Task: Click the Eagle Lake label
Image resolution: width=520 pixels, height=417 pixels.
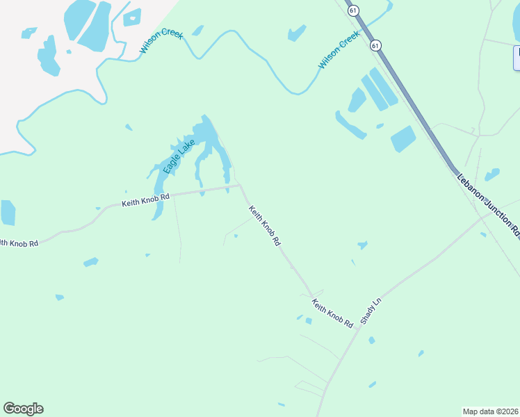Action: click(179, 157)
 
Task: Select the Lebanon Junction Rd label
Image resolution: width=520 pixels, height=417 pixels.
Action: click(488, 206)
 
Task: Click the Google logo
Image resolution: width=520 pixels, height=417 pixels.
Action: click(23, 409)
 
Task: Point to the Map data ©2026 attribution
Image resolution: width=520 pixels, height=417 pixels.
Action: click(491, 411)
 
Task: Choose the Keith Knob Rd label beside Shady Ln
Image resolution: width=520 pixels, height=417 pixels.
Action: click(332, 313)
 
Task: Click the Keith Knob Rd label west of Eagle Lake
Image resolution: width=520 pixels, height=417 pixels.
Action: click(146, 200)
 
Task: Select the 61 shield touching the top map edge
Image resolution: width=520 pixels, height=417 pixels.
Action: click(354, 10)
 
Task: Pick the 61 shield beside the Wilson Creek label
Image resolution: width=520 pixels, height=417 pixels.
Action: click(375, 45)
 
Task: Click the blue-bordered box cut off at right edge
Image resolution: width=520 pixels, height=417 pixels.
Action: click(517, 58)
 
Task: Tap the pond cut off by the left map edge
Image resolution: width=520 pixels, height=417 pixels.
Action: click(7, 213)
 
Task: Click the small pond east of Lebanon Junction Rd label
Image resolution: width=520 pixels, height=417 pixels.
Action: click(492, 174)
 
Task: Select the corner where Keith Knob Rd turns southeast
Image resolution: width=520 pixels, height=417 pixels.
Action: click(240, 186)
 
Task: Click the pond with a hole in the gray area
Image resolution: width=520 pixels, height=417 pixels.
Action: click(132, 17)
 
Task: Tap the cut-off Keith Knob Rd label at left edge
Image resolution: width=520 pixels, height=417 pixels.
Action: click(19, 243)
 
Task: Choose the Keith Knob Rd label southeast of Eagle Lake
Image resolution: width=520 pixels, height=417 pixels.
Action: click(264, 225)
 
